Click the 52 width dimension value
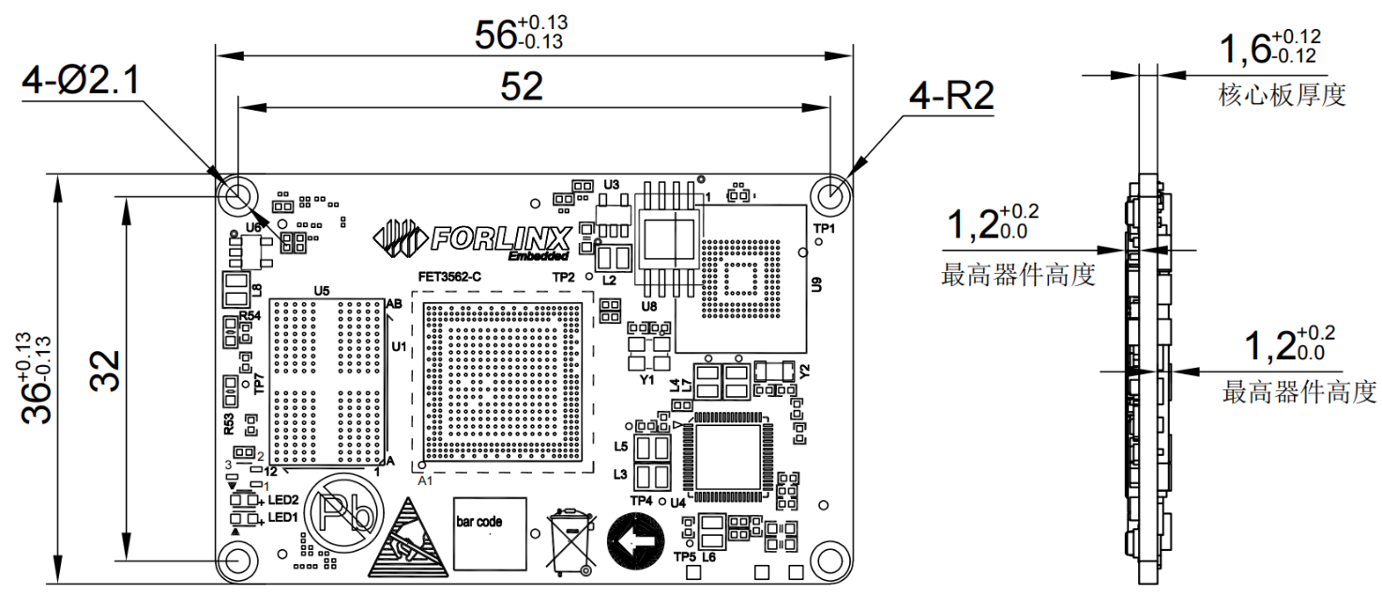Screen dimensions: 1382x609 [x=522, y=86]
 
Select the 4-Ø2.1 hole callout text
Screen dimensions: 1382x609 [x=81, y=80]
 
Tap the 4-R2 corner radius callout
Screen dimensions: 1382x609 [x=951, y=96]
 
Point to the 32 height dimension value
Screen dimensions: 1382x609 [x=105, y=371]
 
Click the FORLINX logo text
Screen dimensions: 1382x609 [x=500, y=238]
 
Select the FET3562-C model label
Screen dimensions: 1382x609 [x=449, y=277]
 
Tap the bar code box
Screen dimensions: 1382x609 [x=490, y=534]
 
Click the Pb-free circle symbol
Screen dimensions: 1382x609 [x=343, y=511]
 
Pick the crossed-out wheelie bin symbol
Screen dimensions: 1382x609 [x=571, y=541]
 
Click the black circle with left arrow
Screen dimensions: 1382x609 [x=636, y=541]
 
